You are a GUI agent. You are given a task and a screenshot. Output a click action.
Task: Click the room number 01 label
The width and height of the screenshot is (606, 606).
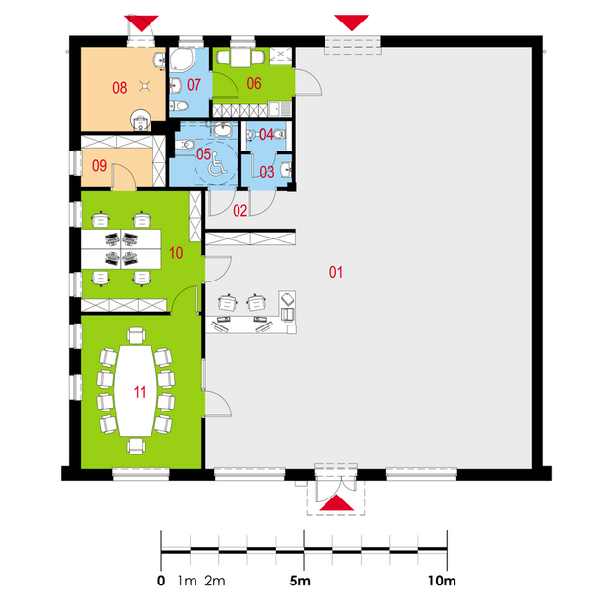pyautogui.click(x=336, y=272)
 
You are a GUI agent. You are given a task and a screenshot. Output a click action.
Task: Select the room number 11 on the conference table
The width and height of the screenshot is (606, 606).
pyautogui.click(x=140, y=392)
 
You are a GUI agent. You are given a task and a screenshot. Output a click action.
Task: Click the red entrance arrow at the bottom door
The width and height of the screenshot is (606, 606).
pyautogui.click(x=336, y=502)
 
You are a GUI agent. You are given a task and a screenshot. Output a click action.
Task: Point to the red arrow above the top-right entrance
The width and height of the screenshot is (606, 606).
pyautogui.click(x=352, y=22)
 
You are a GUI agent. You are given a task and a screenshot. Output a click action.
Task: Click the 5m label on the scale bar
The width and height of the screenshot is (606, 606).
pyautogui.click(x=300, y=581)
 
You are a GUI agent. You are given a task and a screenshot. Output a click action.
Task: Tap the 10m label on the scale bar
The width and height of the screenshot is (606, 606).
pyautogui.click(x=442, y=581)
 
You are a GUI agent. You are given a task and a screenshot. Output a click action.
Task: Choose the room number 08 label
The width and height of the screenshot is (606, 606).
pyautogui.click(x=120, y=88)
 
